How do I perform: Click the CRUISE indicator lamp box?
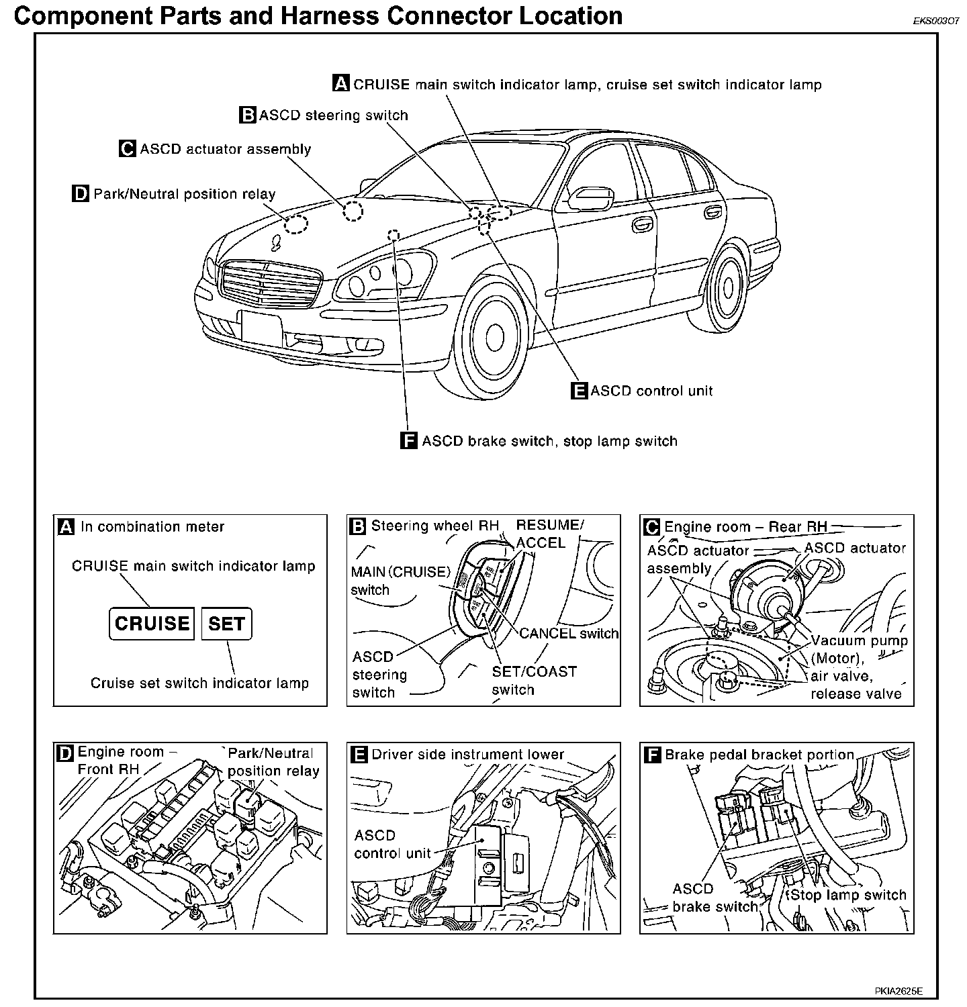coord(152,624)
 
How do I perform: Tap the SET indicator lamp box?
coord(226,624)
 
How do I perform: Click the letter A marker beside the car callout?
coord(341,84)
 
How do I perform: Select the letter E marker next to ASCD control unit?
coord(579,391)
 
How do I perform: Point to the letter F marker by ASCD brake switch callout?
coord(408,441)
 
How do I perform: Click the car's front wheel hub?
coord(495,335)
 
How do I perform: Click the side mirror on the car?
coord(589,197)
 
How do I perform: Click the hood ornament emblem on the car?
coord(275,242)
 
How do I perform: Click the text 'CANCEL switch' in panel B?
coord(569,633)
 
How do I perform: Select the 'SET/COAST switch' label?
coord(534,680)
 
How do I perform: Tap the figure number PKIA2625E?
coord(899,991)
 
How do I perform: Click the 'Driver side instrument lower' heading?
coord(467,755)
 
